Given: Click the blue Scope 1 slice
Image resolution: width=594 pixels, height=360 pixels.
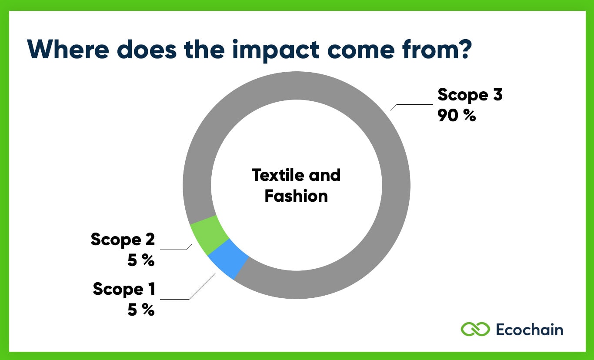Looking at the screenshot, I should click(229, 260).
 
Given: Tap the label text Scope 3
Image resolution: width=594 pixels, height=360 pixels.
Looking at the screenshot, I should click(470, 95).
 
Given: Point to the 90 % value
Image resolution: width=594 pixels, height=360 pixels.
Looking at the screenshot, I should click(457, 116).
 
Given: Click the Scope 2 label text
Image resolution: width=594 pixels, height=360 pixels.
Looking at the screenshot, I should click(123, 240).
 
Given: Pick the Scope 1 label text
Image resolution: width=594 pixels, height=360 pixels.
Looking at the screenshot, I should click(124, 289).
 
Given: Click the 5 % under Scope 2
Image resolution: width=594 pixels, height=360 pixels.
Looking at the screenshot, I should click(141, 260).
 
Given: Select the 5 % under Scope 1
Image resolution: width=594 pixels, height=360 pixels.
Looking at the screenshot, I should click(141, 310).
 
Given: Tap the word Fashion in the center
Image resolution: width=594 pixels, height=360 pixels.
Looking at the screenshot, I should click(296, 196).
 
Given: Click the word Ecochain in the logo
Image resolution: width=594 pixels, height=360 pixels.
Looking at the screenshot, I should click(529, 329).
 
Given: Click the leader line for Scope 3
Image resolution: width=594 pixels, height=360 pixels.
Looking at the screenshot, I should click(413, 104).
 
